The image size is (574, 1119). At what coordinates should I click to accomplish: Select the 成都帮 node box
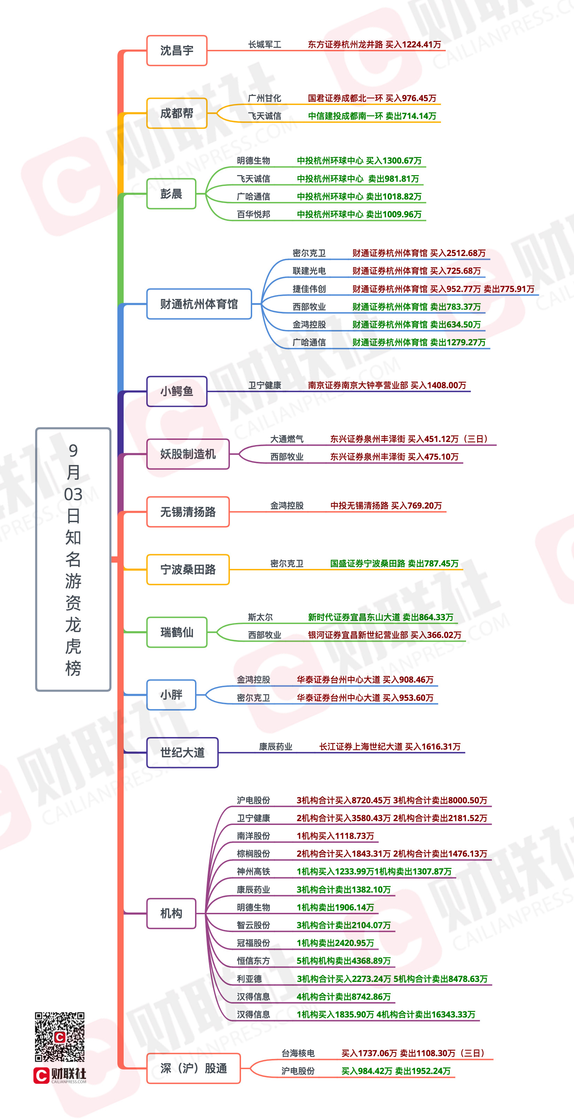pos(177,113)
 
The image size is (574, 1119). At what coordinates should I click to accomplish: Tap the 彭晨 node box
pos(171,194)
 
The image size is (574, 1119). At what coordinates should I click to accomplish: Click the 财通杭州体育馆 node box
pos(199,304)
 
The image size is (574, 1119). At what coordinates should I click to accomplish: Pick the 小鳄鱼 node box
pos(177,391)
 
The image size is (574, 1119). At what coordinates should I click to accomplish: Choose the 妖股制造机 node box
pos(188,454)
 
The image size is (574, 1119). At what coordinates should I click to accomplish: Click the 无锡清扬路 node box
pos(188,512)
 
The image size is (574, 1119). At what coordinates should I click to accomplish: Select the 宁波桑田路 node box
pos(188,570)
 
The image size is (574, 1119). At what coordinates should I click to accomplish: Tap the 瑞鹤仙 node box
pos(177,632)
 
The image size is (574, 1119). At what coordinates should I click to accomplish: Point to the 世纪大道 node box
pos(182,752)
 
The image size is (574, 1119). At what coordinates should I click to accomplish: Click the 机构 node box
pos(171,914)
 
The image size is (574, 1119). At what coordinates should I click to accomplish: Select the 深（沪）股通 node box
pos(194,1068)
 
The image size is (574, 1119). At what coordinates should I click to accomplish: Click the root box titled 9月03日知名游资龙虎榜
pos(73,559)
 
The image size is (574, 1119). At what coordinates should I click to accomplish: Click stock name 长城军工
pos(265,44)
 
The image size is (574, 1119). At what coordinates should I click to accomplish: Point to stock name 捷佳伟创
pos(309,289)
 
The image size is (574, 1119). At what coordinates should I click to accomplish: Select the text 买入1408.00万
pos(438,385)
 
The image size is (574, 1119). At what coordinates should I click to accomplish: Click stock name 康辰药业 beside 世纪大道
pos(276,746)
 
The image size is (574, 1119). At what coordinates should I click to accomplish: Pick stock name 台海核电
pos(298,1053)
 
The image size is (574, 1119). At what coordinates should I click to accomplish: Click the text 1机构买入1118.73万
pos(335,836)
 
